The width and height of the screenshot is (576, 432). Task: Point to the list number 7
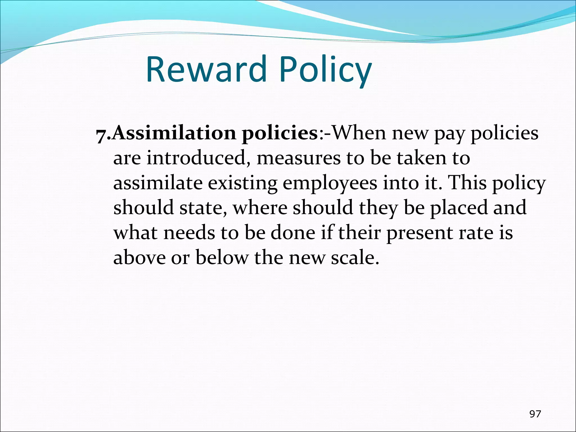[x=102, y=134]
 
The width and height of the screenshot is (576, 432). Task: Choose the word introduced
[x=196, y=158]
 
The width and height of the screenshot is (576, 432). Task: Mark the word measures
[x=298, y=158]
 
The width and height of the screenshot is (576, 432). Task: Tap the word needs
[x=189, y=233]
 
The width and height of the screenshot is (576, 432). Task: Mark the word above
[x=139, y=257]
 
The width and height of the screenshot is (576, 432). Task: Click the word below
[x=222, y=257]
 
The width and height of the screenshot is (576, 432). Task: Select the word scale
[x=355, y=257]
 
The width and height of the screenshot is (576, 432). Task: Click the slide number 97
[x=535, y=414]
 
